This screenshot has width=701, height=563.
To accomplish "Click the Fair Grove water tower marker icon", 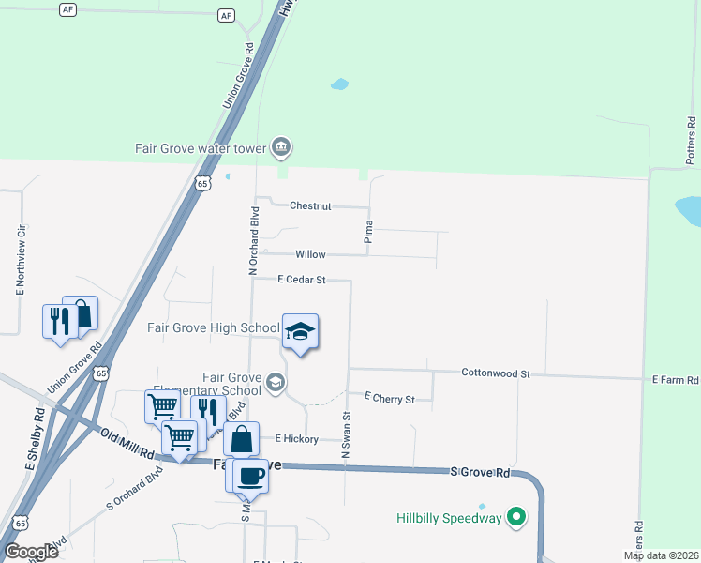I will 281,147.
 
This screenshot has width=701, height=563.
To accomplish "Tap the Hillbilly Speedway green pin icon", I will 515,517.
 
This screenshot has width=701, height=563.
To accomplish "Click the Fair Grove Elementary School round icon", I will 276,381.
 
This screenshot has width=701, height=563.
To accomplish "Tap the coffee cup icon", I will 250,475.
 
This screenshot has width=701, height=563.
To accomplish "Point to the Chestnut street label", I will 310,205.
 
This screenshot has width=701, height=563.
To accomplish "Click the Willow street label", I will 310,254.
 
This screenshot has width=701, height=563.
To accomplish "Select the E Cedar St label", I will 301,280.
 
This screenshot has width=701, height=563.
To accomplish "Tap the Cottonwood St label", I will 496,373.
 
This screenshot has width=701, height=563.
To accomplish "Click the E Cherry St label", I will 389,399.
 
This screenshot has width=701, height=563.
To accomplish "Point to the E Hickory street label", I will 297,439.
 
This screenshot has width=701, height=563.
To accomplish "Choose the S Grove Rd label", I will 480,473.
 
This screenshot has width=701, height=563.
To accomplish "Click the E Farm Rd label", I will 676,380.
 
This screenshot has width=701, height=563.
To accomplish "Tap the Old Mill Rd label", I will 127,443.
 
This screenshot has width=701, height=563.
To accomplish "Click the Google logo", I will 31,551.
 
